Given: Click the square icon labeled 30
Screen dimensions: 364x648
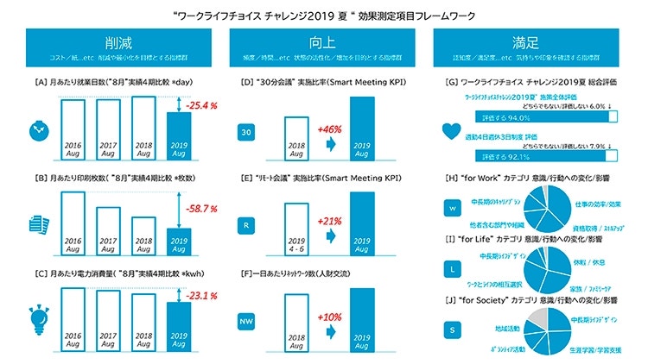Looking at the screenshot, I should click(247, 132).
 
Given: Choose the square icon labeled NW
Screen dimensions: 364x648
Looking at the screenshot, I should click(247, 323).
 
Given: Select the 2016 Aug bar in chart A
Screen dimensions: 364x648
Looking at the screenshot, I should click(74, 129).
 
